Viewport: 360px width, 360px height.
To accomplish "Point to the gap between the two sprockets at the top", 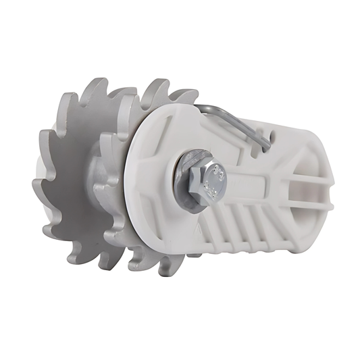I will [x=125, y=91].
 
